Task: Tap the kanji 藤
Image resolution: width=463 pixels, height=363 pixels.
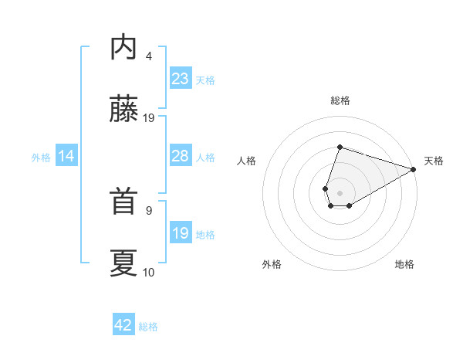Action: (123, 109)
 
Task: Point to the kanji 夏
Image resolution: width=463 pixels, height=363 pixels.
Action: (123, 263)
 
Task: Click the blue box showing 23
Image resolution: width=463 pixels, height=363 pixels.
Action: (181, 79)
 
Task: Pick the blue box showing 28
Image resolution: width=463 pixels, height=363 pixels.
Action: (181, 156)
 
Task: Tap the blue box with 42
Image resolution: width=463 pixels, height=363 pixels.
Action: (123, 325)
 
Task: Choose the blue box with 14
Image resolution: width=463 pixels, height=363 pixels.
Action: (66, 157)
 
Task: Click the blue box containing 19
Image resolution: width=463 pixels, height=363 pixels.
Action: (181, 233)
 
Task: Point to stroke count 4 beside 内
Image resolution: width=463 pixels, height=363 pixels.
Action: (149, 56)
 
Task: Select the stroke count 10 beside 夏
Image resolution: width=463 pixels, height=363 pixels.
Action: (149, 272)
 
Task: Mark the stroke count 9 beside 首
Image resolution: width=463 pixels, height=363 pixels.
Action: (149, 210)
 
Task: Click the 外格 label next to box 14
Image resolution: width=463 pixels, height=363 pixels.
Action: (41, 158)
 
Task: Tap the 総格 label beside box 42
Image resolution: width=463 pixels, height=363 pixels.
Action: (148, 327)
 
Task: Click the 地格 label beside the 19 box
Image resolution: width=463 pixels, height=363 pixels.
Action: (205, 235)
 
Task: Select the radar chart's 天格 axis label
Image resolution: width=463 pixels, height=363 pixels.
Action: (434, 161)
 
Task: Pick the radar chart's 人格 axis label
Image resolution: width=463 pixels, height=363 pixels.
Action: (247, 161)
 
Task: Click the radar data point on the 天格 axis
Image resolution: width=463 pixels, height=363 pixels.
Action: (414, 169)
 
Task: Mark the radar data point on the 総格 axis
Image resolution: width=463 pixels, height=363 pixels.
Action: (340, 148)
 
